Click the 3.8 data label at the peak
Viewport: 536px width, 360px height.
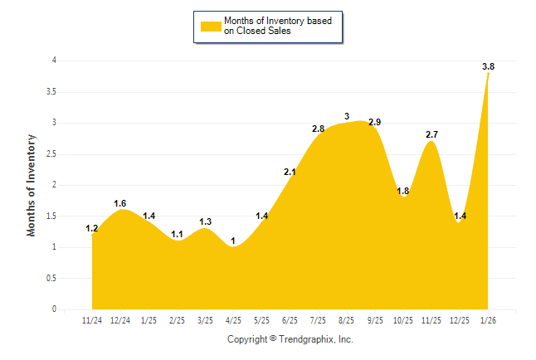[488, 66]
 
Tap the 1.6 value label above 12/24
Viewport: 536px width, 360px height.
[119, 203]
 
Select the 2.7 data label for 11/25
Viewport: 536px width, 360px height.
[432, 134]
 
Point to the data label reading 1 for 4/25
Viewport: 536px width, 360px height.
[233, 241]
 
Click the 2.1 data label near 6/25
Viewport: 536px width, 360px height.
[290, 172]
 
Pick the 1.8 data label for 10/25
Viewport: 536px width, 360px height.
[403, 191]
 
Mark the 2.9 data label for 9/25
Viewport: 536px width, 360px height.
[374, 123]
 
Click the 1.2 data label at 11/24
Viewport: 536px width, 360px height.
[91, 228]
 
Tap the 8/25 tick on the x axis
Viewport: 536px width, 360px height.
[346, 320]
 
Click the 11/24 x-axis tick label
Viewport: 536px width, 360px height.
[92, 320]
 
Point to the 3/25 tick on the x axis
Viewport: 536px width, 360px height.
[205, 320]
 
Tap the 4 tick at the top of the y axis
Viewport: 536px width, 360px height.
[54, 61]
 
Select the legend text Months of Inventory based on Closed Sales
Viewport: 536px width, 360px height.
[278, 27]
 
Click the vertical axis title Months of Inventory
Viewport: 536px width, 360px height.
[32, 185]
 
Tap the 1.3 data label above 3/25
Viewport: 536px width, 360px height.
[206, 221]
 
